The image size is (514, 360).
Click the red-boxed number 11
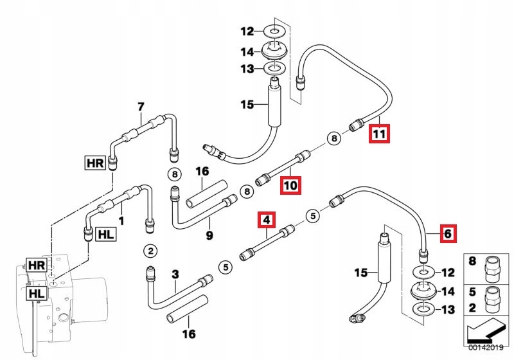(378, 134)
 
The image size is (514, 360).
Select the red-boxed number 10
(290, 186)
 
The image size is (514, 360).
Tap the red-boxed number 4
(266, 221)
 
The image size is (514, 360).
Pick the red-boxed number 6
(447, 233)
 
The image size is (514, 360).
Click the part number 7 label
(141, 106)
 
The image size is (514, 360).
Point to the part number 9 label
(209, 235)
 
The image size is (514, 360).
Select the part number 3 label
(175, 274)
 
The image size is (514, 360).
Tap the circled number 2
(149, 250)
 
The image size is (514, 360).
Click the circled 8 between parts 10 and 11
(333, 137)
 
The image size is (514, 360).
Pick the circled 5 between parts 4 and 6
(312, 216)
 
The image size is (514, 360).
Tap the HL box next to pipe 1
(105, 235)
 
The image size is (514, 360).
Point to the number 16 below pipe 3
(188, 334)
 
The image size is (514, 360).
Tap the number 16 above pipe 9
(202, 172)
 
